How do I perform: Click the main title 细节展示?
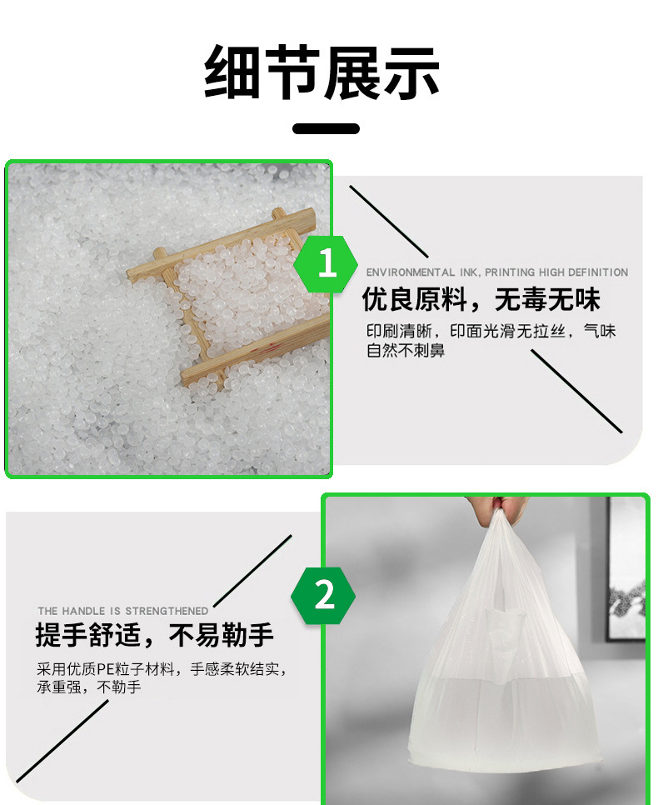(x=322, y=72)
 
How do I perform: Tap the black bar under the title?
(x=326, y=128)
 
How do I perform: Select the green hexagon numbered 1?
(x=326, y=264)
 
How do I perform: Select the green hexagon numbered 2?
(x=323, y=596)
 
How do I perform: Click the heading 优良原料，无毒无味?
(x=481, y=299)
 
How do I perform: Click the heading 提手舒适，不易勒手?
(x=154, y=635)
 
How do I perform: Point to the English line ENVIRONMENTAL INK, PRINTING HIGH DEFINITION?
(x=497, y=272)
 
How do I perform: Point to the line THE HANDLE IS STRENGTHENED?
(x=122, y=611)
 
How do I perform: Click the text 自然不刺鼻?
(x=405, y=351)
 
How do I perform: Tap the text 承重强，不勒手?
(x=88, y=687)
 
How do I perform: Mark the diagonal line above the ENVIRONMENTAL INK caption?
(x=388, y=222)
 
